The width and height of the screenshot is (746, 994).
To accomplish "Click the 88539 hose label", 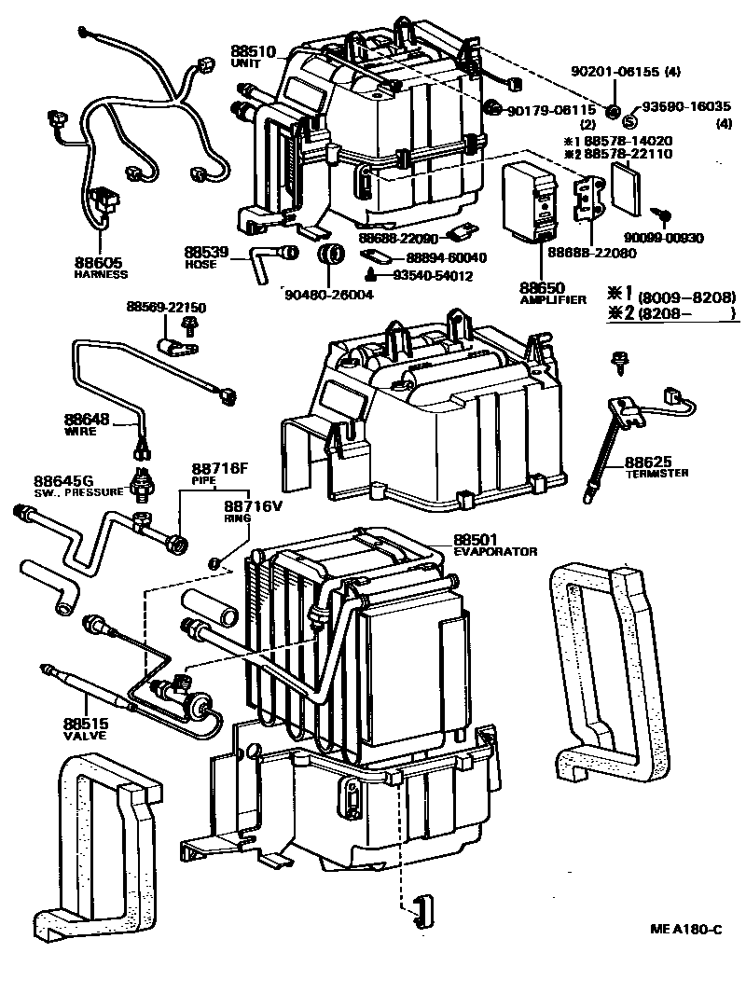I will pos(206,253).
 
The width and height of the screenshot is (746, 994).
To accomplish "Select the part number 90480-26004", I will pos(329,295).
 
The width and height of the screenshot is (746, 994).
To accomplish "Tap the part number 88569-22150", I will pos(167,307).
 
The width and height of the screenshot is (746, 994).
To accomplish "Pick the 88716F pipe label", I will pos(220,468).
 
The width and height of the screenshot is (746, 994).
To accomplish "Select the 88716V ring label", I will pos(252,505).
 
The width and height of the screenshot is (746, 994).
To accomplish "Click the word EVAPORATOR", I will pos(495,551).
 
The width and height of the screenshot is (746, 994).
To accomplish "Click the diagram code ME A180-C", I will pos(686,930).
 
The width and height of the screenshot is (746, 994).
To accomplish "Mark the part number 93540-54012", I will pos(433,276).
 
